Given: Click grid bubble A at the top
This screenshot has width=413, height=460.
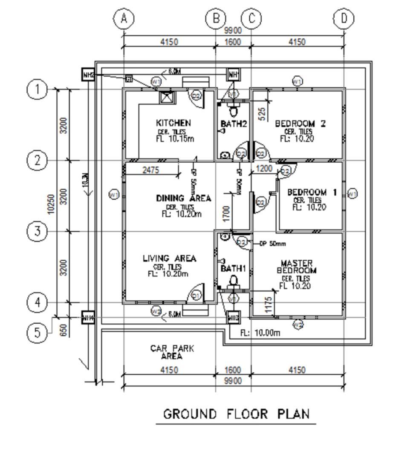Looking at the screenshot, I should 124,19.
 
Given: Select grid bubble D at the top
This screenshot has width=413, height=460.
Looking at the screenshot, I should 344,19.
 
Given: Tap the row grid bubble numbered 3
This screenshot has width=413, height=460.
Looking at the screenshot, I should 38,232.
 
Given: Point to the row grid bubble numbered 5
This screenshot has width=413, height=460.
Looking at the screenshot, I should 38,333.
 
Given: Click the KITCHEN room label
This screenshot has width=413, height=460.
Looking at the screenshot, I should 173,123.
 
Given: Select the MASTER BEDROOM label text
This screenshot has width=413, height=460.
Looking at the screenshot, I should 297,267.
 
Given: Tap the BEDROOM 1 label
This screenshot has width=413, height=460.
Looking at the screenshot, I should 312,193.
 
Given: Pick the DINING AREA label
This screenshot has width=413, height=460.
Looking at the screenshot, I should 183,198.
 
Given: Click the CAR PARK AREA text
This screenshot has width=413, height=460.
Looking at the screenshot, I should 172,352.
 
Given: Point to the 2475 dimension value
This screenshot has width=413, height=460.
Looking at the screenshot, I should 150,170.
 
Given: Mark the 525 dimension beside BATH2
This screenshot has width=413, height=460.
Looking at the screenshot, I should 263,113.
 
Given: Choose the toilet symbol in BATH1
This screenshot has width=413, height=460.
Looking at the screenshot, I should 233,281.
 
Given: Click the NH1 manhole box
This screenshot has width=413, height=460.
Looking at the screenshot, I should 233,75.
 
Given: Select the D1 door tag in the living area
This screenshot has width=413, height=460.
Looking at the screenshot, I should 196,295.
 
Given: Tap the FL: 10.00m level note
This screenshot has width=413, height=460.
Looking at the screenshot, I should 260,333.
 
